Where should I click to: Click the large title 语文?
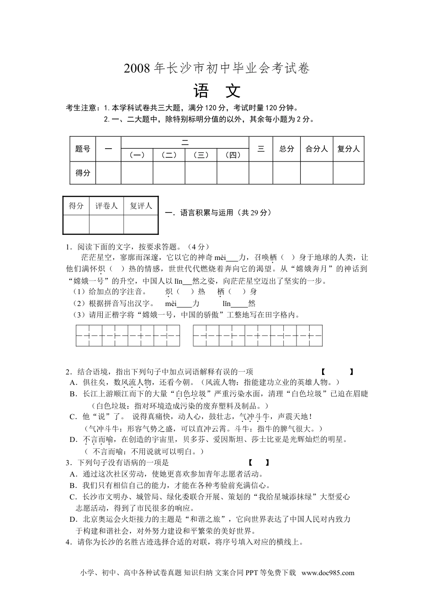coord(217,91)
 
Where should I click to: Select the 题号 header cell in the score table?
coord(83,149)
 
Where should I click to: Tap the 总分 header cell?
coord(286,149)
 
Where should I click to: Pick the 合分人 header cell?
coord(317,149)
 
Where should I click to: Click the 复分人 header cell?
coord(349,149)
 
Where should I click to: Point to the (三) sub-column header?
coord(201,155)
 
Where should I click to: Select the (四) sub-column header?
coord(233,155)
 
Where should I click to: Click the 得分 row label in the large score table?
coord(83,173)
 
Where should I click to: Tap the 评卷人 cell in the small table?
coord(106,206)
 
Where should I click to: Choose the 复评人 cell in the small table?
coord(141,206)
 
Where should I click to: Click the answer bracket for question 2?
coord(337,372)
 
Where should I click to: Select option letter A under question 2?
coord(72,382)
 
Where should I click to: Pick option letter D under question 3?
coord(72,519)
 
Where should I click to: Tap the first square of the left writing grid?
coord(83,336)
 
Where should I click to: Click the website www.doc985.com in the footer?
coord(328,573)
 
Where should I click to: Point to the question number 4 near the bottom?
coord(68,542)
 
